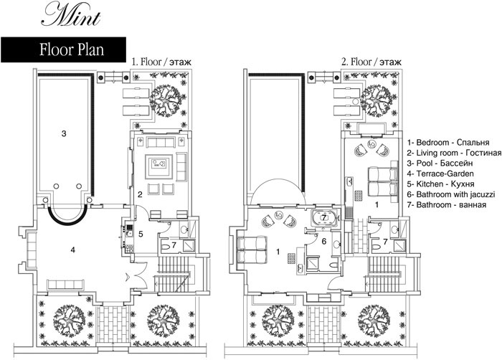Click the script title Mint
point(72,14)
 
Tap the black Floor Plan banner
point(63,49)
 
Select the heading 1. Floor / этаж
point(161,61)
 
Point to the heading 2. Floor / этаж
point(371,61)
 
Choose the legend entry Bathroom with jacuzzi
point(451,194)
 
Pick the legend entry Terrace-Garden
point(440,174)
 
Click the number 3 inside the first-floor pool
point(64,133)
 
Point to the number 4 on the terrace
point(73,250)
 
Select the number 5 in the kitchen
point(141,234)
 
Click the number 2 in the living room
point(140,194)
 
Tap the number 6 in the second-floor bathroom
point(324,241)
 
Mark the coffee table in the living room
point(159,166)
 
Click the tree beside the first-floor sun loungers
point(167,100)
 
